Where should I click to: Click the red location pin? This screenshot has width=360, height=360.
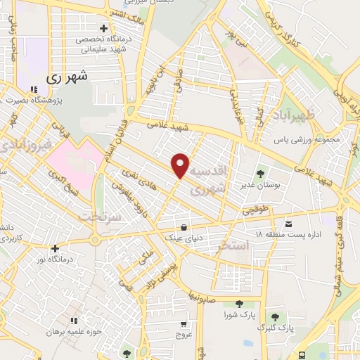coord(181,165)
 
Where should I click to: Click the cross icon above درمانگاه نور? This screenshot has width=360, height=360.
coord(55,247)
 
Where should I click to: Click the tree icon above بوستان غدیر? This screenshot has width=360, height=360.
coord(261,172)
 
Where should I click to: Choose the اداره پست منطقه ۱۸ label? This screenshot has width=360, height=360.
coord(288,233)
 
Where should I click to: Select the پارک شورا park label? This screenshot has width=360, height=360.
coord(240,315)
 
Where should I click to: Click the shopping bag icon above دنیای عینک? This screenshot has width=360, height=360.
coord(184,227)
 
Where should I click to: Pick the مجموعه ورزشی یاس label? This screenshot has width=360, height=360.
coord(307,139)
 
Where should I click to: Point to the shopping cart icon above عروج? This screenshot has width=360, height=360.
coord(184,324)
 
